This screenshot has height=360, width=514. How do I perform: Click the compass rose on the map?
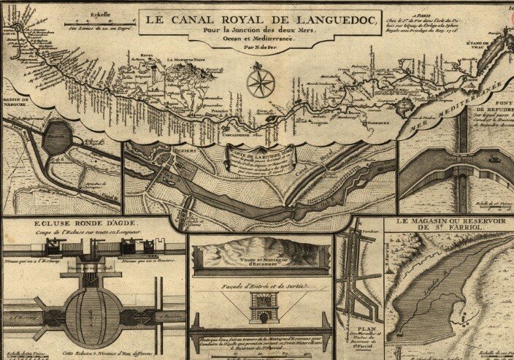[x=261, y=83]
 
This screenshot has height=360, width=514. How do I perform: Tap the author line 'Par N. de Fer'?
[x=260, y=46]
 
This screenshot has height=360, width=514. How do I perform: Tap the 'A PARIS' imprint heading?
[x=420, y=14]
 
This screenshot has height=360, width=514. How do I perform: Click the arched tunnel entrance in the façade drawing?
[x=261, y=313]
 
